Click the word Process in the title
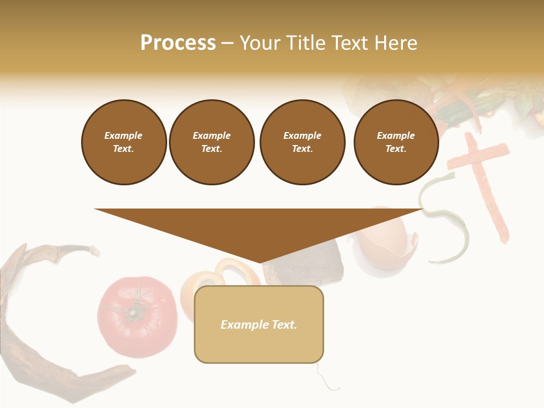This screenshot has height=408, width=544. tap(178, 43)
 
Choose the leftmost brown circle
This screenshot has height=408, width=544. tap(124, 142)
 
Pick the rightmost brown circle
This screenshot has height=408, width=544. tap(396, 142)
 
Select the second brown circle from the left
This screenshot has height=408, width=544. tap(211, 142)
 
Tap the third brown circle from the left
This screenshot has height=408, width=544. tap(302, 142)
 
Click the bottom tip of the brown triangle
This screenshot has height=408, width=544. tap(260, 261)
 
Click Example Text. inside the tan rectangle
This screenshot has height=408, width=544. tap(259, 325)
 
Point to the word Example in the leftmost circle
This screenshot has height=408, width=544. tap(124, 135)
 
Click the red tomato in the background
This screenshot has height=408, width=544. tap(136, 323)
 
